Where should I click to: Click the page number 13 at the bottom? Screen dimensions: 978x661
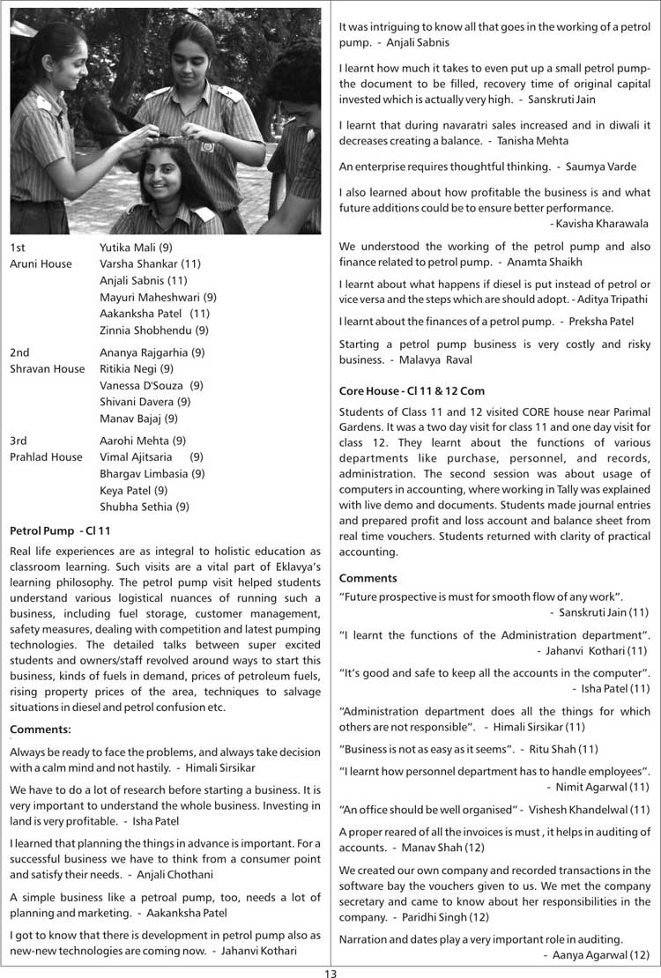[x=330, y=972]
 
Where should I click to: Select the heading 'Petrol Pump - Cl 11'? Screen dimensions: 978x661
[x=59, y=531]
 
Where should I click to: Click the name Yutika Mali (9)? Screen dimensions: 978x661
[x=137, y=247]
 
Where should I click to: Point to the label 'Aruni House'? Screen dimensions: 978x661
[x=41, y=263]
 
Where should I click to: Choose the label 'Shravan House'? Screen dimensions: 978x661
[x=47, y=369]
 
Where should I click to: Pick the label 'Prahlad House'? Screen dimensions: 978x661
[x=46, y=456]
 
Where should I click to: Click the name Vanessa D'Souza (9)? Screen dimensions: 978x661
[x=152, y=385]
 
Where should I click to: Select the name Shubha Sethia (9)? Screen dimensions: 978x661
[x=145, y=507]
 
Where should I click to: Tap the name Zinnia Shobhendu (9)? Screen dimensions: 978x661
[x=154, y=330]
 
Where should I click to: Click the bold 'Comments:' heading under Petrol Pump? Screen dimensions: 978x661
[x=40, y=729]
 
